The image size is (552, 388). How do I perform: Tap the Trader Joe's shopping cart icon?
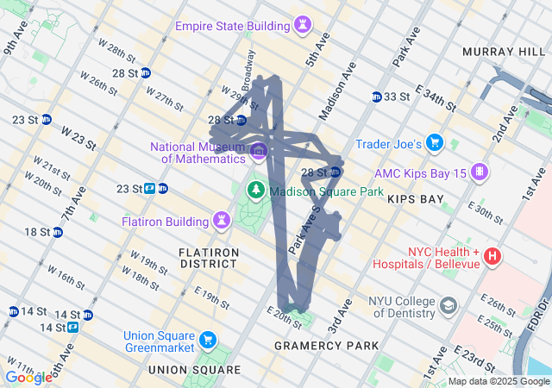click(435, 142)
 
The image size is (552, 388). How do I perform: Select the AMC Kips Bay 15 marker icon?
click(479, 172)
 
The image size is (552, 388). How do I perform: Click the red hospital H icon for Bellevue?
click(492, 255)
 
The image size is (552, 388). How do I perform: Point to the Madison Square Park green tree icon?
click(256, 190)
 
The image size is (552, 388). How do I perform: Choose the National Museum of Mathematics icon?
click(258, 153)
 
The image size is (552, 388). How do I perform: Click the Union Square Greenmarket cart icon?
click(207, 338)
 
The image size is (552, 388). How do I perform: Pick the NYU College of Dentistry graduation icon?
click(448, 305)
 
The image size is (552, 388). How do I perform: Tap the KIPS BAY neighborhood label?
click(415, 199)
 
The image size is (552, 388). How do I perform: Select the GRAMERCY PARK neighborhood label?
click(326, 346)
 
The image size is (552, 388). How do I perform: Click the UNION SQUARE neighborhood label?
click(194, 370)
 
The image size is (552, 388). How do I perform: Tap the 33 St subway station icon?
click(377, 97)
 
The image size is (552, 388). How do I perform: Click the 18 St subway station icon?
click(57, 232)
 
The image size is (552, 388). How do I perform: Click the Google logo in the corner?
click(28, 377)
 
